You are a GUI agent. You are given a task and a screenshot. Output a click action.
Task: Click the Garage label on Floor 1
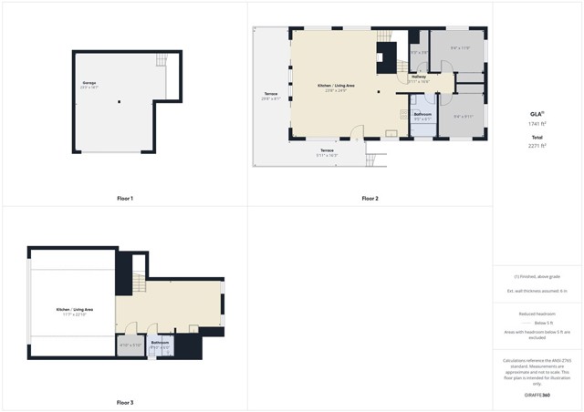[x=89, y=84]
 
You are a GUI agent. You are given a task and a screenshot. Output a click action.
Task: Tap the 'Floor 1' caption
[x=125, y=198]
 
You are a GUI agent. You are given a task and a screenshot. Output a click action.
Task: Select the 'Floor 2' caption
[x=370, y=198]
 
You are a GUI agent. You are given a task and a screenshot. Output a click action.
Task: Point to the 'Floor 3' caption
[x=125, y=402]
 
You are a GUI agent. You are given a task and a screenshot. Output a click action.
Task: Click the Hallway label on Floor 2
[x=419, y=77]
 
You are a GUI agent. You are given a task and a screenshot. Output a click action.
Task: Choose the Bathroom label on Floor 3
[x=160, y=342]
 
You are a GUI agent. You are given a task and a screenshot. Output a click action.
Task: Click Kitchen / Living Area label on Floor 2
[x=336, y=87]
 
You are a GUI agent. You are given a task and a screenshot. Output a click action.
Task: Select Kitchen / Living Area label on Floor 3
[x=75, y=310]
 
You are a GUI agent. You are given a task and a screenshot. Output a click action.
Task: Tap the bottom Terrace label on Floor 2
[x=327, y=150]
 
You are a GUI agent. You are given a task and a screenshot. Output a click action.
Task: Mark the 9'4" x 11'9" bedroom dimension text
[x=460, y=48]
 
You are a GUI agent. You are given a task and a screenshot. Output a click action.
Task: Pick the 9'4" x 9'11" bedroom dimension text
[x=464, y=116]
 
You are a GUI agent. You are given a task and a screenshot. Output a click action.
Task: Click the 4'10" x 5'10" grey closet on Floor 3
[x=130, y=345]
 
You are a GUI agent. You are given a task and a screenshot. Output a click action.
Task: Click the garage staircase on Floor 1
[x=162, y=61]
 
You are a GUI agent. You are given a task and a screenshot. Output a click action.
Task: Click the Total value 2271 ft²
[x=537, y=145]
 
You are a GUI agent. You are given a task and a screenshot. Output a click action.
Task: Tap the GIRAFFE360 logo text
[x=537, y=395]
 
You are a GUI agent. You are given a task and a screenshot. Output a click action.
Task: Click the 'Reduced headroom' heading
[x=537, y=313]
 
